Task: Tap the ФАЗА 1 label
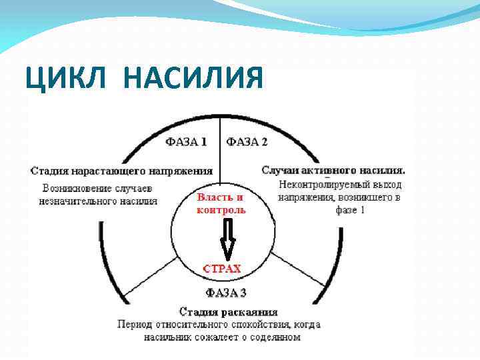pyautogui.click(x=186, y=141)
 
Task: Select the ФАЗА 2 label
pyautogui.click(x=247, y=141)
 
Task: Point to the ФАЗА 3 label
pyautogui.click(x=225, y=293)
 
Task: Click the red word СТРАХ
pyautogui.click(x=222, y=269)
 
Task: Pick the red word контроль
pyautogui.click(x=221, y=209)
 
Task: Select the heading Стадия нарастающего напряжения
pyautogui.click(x=122, y=171)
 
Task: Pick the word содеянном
pyautogui.click(x=274, y=337)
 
